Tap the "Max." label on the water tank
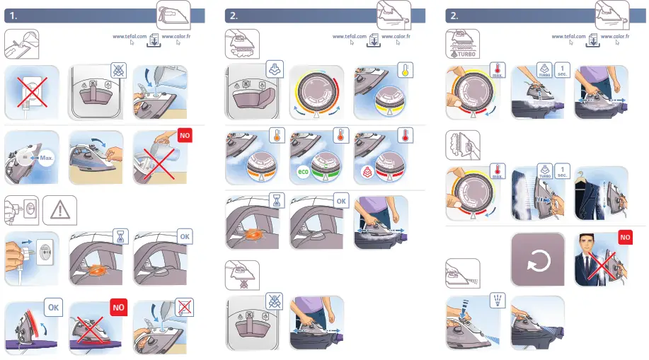[47, 157]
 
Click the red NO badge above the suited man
[625, 238]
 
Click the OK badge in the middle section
[340, 202]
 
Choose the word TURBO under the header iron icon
[465, 53]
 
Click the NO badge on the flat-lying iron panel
[119, 307]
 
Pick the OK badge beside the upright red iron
[53, 307]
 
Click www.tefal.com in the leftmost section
[130, 36]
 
